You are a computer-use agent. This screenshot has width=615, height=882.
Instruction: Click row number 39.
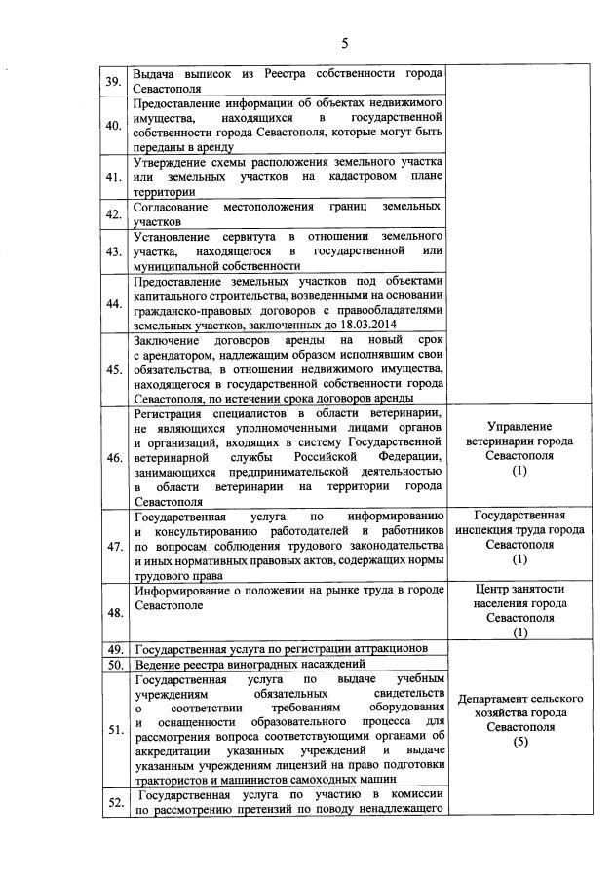pyautogui.click(x=114, y=81)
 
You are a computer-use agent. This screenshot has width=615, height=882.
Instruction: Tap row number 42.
pyautogui.click(x=114, y=214)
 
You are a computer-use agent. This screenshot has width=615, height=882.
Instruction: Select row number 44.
pyautogui.click(x=114, y=303)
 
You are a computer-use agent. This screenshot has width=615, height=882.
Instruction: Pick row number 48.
pyautogui.click(x=114, y=612)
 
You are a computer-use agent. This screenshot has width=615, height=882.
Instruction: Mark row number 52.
pyautogui.click(x=114, y=802)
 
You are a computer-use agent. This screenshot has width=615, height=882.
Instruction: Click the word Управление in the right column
pyautogui.click(x=519, y=427)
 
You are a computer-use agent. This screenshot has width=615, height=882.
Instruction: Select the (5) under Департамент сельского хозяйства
pyautogui.click(x=519, y=741)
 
